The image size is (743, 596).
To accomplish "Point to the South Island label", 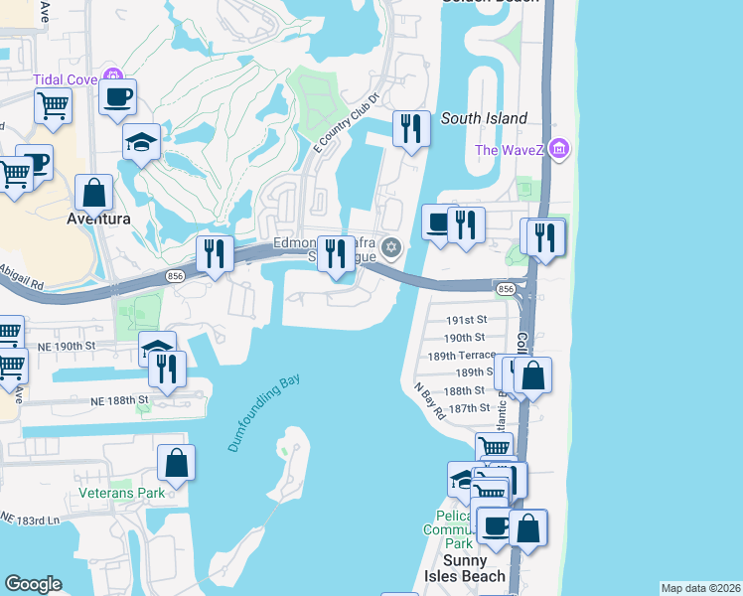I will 484,118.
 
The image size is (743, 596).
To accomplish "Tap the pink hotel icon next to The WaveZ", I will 558,150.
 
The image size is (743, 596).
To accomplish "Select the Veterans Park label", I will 121,492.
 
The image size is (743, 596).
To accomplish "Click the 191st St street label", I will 466,320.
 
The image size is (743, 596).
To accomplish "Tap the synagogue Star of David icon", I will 391,246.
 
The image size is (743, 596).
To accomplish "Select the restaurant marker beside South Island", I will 410,128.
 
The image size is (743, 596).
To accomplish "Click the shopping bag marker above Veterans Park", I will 176,463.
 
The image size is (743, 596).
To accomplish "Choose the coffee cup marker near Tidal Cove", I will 117,97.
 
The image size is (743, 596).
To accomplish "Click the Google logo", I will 33,583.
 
